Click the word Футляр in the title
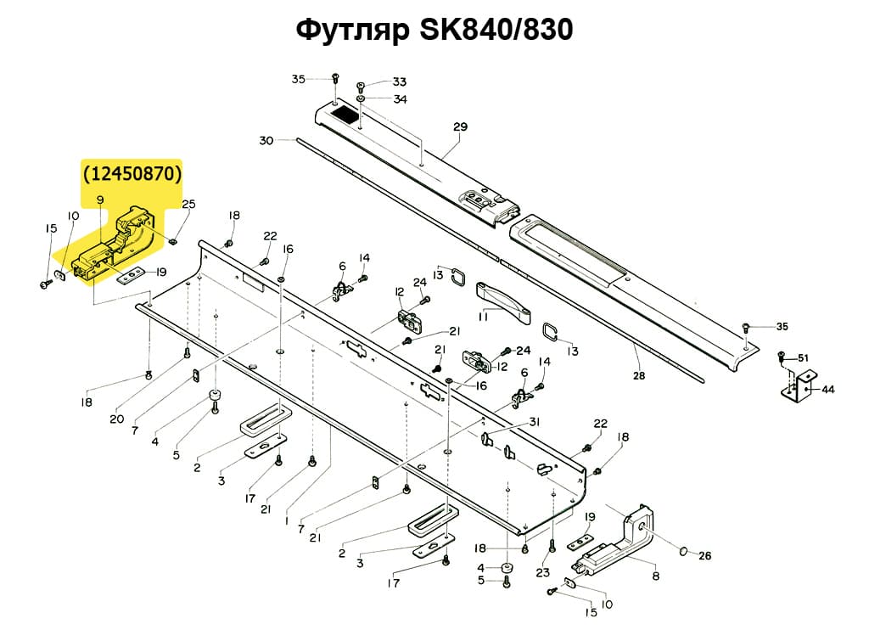(x=351, y=31)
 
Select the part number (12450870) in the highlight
(x=132, y=174)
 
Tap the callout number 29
(x=460, y=128)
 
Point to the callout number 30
(x=266, y=140)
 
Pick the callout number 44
(x=827, y=390)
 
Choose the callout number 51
(x=802, y=357)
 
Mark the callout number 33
(x=398, y=82)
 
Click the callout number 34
(x=399, y=99)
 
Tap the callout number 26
(x=704, y=557)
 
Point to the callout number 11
(x=483, y=316)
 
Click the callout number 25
(x=188, y=205)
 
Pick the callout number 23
(x=543, y=572)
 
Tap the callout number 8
(x=654, y=576)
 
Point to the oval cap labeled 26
(x=681, y=553)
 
